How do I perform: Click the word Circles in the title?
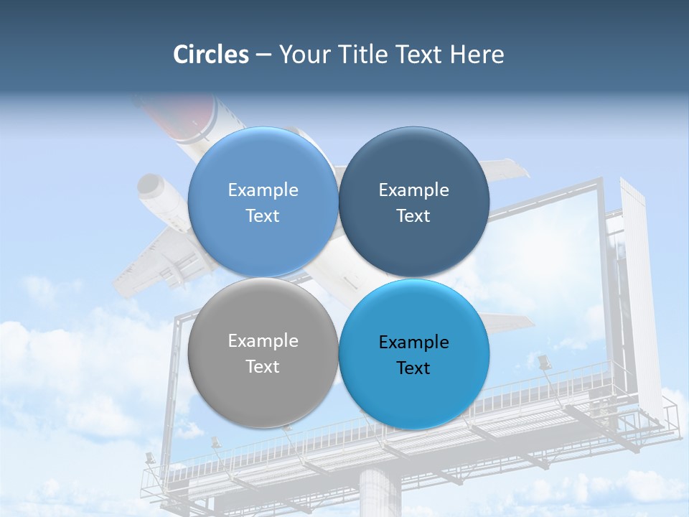[x=211, y=55]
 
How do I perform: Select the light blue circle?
[x=263, y=202]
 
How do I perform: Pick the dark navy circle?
[x=413, y=202]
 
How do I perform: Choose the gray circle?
[x=263, y=353]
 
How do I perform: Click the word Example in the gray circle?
[x=263, y=341]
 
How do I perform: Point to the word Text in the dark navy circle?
[x=413, y=216]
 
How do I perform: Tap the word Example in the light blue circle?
[x=263, y=190]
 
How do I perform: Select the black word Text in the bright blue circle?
[x=413, y=368]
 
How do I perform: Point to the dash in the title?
[x=263, y=55]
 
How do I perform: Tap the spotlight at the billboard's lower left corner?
[x=150, y=457]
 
